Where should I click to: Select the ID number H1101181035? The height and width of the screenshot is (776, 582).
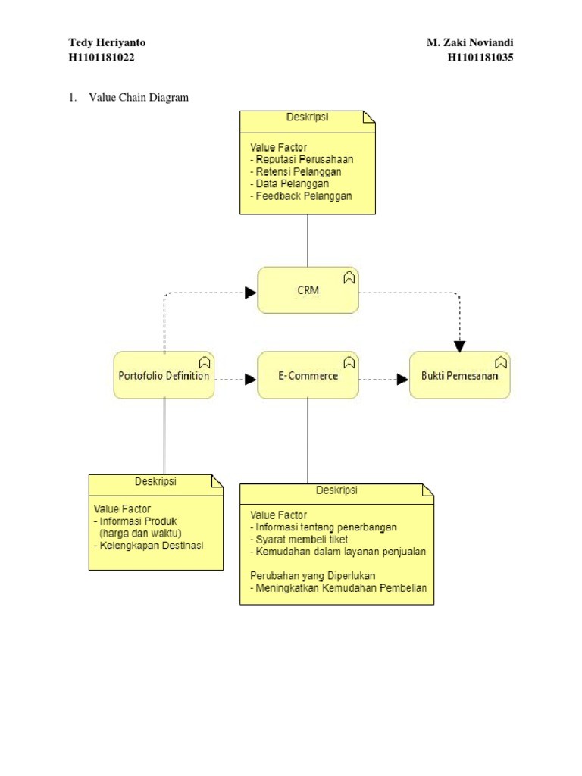[480, 58]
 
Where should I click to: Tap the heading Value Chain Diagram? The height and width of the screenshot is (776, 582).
[139, 98]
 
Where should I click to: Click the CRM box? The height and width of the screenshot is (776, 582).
[307, 290]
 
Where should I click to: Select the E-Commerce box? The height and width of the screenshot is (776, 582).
[307, 375]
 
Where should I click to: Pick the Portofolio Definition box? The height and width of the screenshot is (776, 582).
[164, 375]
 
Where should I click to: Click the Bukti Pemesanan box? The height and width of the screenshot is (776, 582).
[459, 375]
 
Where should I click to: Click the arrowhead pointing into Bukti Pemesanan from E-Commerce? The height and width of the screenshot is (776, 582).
[402, 380]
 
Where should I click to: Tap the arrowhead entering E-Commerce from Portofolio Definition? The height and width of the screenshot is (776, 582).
[251, 380]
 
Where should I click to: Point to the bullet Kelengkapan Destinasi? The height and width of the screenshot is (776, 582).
[149, 546]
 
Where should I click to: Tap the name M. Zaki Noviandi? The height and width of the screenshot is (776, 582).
[470, 42]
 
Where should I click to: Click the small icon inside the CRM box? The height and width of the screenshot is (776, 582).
[349, 277]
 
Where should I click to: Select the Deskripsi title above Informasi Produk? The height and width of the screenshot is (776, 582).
[155, 481]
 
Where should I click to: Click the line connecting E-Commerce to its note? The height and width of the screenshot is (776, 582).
[308, 440]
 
